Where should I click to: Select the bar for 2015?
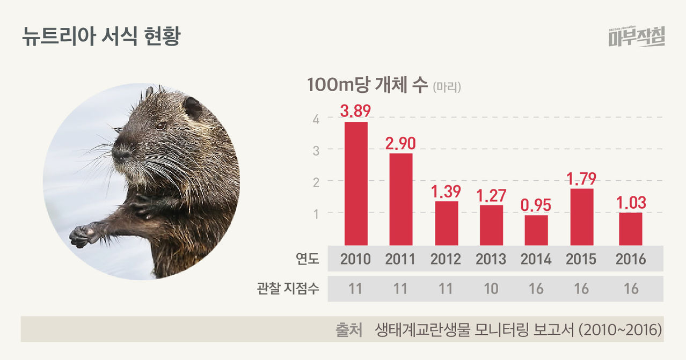click(x=581, y=217)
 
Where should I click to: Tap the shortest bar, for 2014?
click(x=536, y=230)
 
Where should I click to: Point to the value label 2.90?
click(x=401, y=143)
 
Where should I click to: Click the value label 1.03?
click(x=631, y=203)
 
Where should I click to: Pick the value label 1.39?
click(x=446, y=192)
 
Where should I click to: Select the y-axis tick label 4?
click(x=316, y=119)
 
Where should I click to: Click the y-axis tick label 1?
click(x=316, y=213)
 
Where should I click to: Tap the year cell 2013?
click(x=491, y=259)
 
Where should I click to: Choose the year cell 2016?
click(x=631, y=259)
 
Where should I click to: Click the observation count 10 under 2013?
click(x=491, y=289)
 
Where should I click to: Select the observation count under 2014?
click(x=536, y=289)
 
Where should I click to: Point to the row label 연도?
click(x=308, y=260)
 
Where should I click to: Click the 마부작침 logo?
click(x=637, y=36)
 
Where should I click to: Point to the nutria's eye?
click(x=160, y=126)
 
